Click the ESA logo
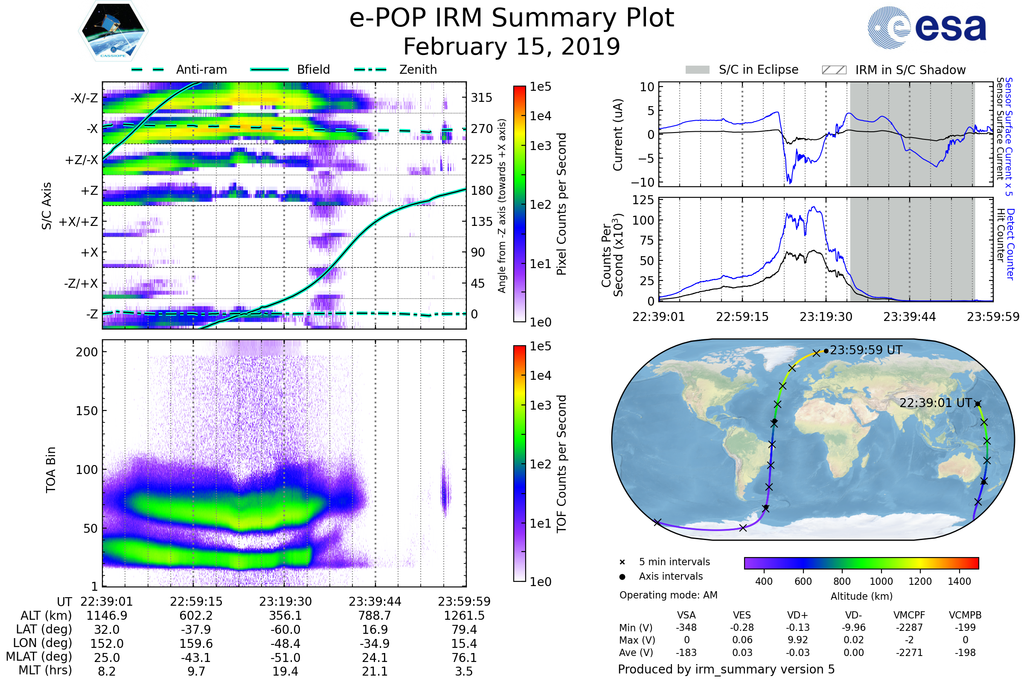point(927,27)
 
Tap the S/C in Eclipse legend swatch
point(698,70)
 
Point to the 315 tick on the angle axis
point(481,98)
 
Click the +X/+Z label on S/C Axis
point(79,222)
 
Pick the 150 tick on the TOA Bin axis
point(87,410)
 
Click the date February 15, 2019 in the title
point(512,46)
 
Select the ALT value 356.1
point(285,616)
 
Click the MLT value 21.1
point(375,671)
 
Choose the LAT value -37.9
point(196,630)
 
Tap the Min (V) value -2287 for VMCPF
point(909,627)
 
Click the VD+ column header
point(797,615)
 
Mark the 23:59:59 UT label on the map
point(866,350)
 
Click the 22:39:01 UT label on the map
point(936,403)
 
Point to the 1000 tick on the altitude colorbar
point(881,581)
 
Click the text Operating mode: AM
point(668,595)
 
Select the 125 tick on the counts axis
point(643,200)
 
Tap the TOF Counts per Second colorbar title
point(561,464)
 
